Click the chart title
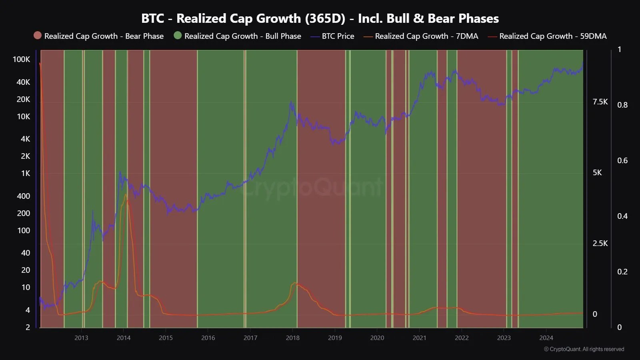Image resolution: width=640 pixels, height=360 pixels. pos(320,18)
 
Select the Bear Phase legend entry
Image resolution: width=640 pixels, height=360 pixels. pos(99,36)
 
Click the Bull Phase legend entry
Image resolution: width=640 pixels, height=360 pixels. pos(238,36)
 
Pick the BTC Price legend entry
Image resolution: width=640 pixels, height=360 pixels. pos(332,36)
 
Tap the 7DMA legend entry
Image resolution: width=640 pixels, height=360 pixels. pos(421,36)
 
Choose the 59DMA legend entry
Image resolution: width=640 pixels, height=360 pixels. pos(547,36)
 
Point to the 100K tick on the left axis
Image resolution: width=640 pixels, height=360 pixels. pos(21,59)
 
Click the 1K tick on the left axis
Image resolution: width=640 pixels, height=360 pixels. pos(25,174)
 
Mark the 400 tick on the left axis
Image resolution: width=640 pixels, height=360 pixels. pos(23,196)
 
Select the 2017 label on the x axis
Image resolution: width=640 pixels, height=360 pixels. pos(250,338)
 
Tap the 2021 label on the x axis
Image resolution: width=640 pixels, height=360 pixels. pos(419,338)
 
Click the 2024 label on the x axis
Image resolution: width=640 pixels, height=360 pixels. pos(546,338)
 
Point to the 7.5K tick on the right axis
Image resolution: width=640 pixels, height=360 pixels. pos(600,102)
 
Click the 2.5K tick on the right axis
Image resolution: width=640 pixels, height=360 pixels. pos(600,243)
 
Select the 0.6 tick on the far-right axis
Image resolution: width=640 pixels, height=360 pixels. pos(622,160)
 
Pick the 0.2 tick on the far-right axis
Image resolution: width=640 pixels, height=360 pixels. pos(622,272)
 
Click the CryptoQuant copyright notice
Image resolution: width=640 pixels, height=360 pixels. pos(584,349)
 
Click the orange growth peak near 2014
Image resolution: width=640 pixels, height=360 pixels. pos(126,195)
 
